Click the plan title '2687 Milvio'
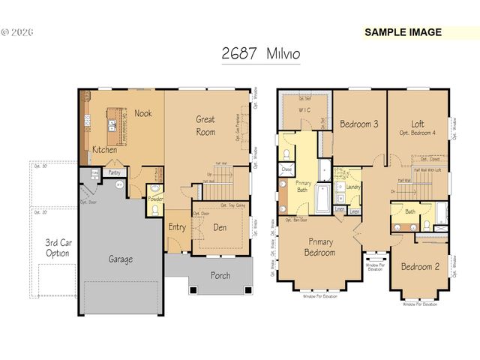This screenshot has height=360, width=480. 261,54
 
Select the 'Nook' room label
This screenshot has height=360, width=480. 143,113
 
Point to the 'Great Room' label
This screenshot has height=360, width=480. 205,125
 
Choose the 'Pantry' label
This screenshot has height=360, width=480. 114,172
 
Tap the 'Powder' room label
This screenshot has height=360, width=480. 155,199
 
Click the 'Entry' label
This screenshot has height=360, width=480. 177,227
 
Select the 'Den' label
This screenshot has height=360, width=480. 220,227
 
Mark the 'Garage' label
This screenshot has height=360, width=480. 121,259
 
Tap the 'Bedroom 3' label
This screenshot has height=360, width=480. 358,124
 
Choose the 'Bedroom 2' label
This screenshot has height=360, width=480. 418,266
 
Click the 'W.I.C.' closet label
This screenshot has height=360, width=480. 304,110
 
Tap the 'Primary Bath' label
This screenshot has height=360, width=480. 304,187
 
